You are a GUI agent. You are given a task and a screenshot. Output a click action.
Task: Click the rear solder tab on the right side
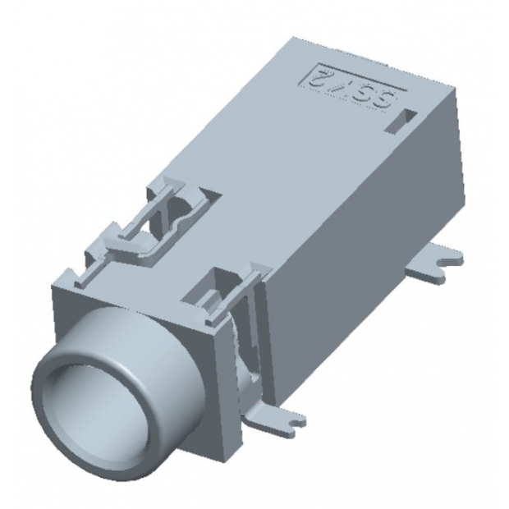(x=440, y=258)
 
